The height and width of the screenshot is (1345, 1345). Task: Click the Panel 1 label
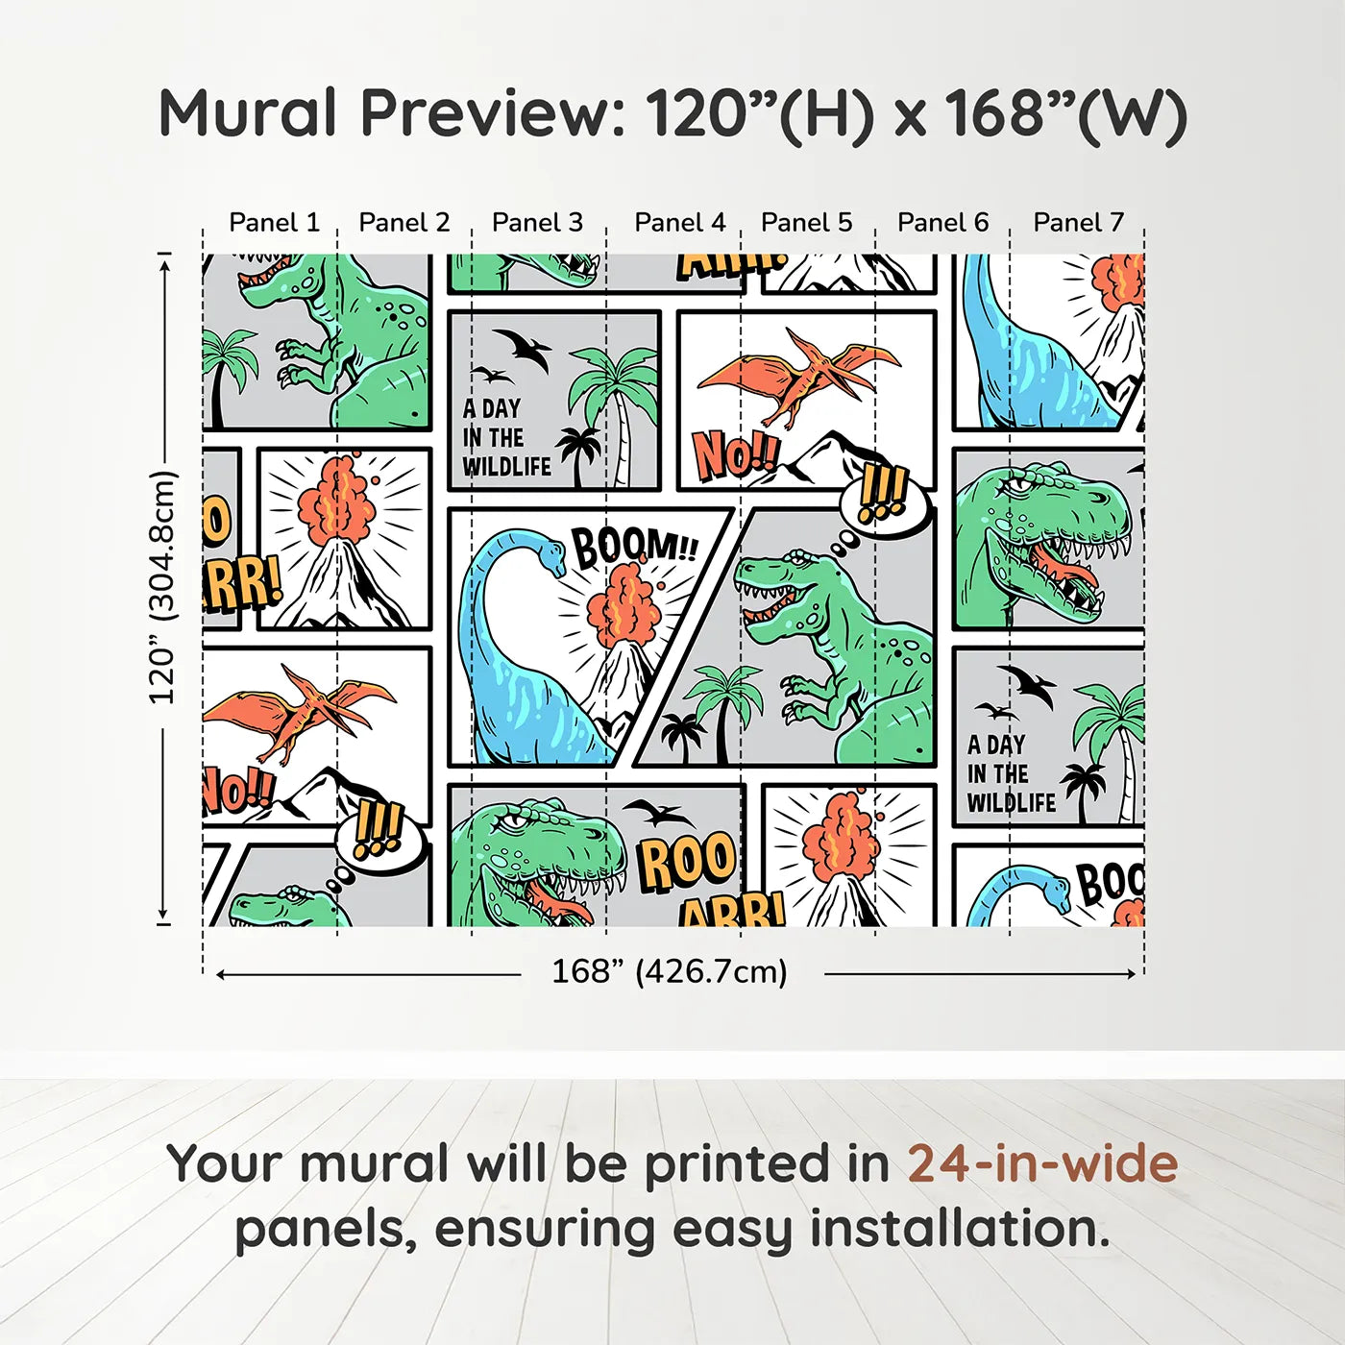(x=274, y=223)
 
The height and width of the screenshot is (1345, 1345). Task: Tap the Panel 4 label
(x=679, y=223)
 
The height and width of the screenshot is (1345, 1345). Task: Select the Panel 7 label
(x=1078, y=223)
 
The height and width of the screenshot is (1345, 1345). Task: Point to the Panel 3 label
(x=537, y=223)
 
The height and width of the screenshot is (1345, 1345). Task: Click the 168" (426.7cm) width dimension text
(x=669, y=972)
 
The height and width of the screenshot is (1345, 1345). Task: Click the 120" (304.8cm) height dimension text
(x=162, y=588)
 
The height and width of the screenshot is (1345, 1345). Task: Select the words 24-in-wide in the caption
(x=1042, y=1164)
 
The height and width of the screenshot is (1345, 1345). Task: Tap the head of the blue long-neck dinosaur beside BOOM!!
(x=551, y=552)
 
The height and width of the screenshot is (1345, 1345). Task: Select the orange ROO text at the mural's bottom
(x=687, y=861)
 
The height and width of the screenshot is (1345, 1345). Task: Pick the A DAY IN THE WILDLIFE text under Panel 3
(x=506, y=438)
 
